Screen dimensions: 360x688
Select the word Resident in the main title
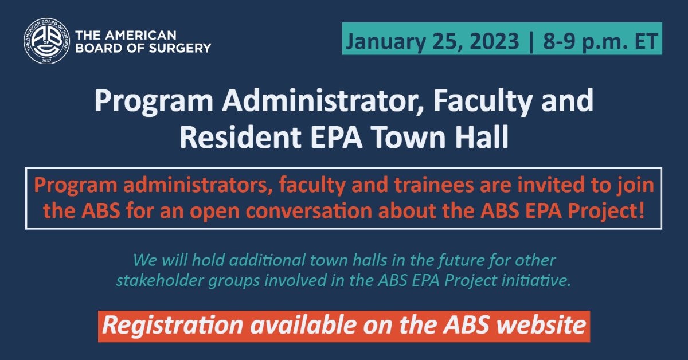coord(234,138)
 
